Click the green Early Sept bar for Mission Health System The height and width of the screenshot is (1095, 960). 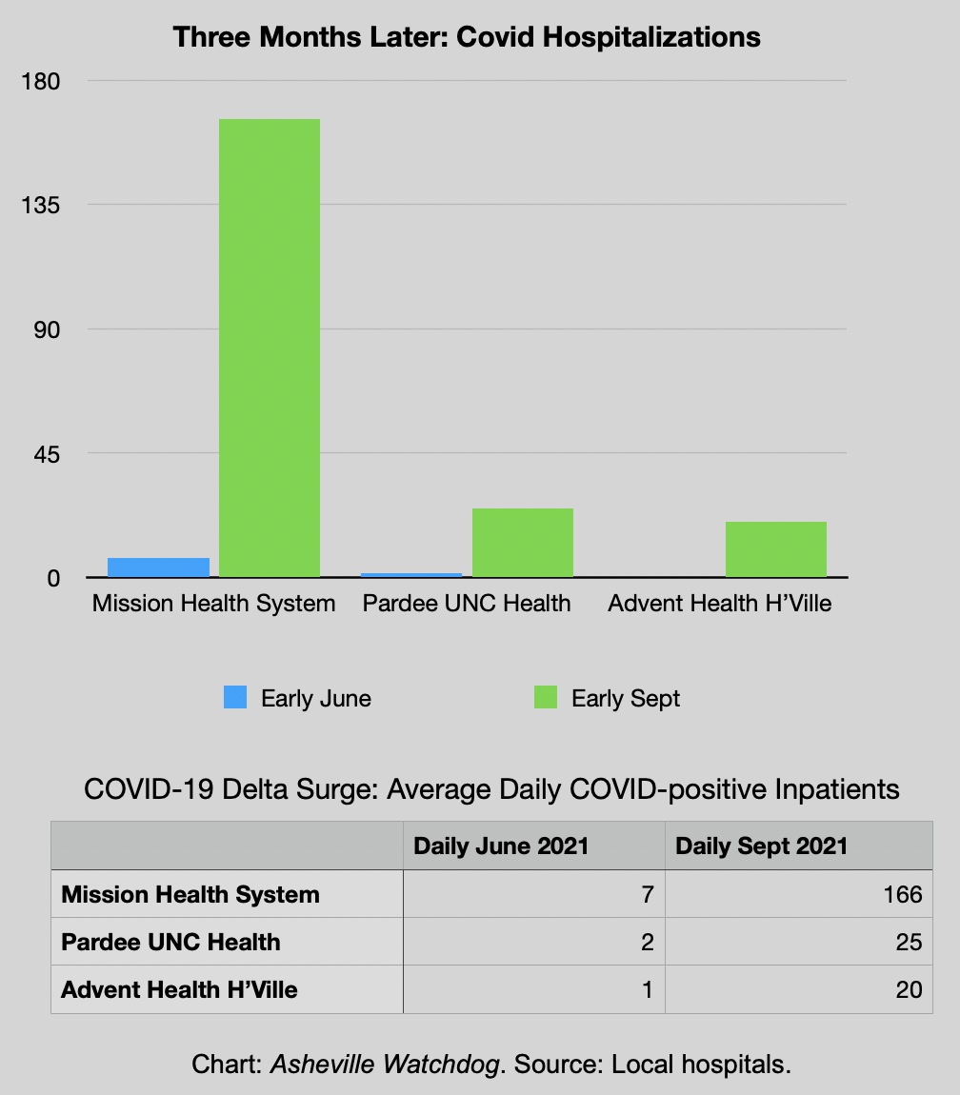click(270, 348)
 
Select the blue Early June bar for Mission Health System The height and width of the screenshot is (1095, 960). click(158, 567)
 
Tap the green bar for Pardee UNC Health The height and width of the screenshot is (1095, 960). click(522, 543)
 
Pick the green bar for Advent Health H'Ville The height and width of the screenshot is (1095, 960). click(775, 549)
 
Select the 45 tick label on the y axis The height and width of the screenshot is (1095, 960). click(44, 454)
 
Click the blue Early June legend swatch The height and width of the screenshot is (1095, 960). click(235, 697)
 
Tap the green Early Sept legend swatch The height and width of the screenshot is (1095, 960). click(546, 697)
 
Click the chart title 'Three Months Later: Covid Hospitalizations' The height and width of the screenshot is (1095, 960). click(467, 37)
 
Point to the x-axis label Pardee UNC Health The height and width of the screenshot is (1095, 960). click(467, 603)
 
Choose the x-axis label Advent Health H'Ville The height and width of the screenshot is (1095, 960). click(720, 603)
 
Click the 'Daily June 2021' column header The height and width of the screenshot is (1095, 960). click(501, 846)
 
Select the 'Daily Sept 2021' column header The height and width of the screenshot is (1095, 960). click(761, 846)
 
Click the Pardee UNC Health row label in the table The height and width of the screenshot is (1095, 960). click(170, 942)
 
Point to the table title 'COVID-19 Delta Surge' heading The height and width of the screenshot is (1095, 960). click(490, 789)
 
